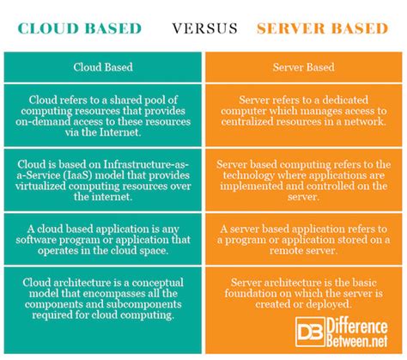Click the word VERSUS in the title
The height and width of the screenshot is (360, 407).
pyautogui.click(x=203, y=28)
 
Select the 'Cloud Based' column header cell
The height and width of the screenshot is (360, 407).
pyautogui.click(x=101, y=65)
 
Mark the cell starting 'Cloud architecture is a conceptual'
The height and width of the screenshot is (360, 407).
pyautogui.click(x=101, y=296)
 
